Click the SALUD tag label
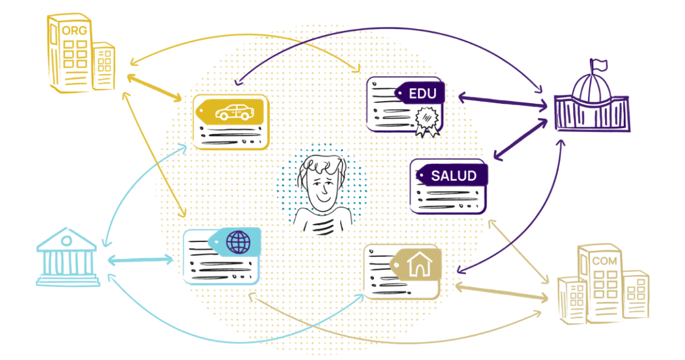pos(453,175)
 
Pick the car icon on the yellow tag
pos(233,112)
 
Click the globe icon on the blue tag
pos(239,242)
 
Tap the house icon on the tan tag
pos(420,264)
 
